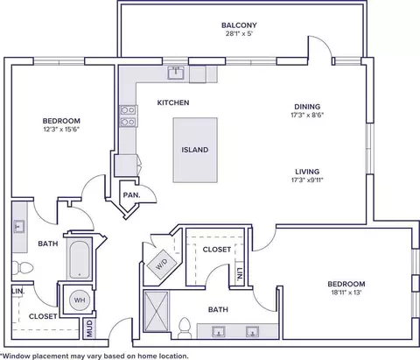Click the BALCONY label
(239, 25)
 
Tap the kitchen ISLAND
(195, 150)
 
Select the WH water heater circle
(80, 300)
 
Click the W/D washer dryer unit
(161, 265)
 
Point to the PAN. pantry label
(131, 195)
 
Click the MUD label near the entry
(89, 328)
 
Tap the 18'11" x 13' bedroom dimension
(346, 293)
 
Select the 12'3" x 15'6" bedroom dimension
(61, 129)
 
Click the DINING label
(307, 107)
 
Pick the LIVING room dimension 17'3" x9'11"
(307, 180)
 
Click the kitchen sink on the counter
(176, 73)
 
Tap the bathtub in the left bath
(80, 258)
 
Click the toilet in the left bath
(23, 268)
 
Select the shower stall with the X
(157, 311)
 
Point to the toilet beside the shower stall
(185, 328)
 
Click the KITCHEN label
(173, 102)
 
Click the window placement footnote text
(94, 356)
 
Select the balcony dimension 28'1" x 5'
(239, 33)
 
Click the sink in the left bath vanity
(19, 226)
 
